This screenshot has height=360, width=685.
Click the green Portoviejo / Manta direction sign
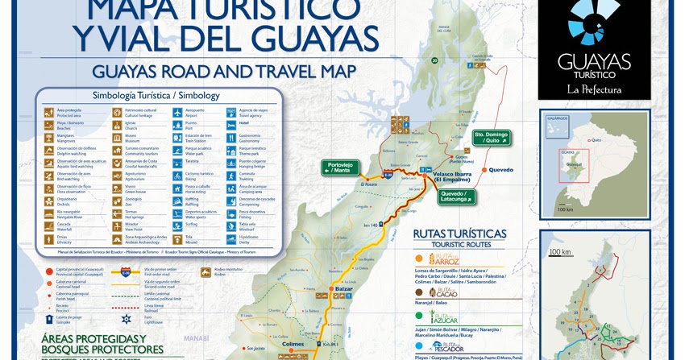tap(339, 168)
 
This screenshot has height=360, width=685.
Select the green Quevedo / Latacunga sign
tap(457, 197)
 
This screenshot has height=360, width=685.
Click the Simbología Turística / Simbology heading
tap(156, 95)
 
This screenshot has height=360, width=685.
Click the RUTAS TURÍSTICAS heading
tap(459, 234)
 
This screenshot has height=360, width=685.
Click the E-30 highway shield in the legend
tap(125, 272)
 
